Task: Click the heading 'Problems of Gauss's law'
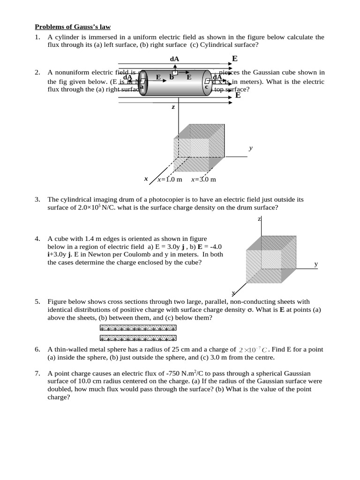(73, 27)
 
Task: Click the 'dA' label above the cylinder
(174, 59)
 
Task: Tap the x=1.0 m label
(170, 180)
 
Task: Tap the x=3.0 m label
(203, 180)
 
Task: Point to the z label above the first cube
(173, 107)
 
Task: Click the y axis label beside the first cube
(251, 148)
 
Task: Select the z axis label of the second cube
(259, 219)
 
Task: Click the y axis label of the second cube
(316, 264)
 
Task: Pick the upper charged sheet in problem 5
(138, 329)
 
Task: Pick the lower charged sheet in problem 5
(138, 337)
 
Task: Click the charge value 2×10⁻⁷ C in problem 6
(253, 350)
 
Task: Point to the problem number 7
(37, 373)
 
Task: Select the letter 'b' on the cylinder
(172, 77)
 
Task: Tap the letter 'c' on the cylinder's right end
(206, 87)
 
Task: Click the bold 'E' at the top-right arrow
(235, 59)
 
